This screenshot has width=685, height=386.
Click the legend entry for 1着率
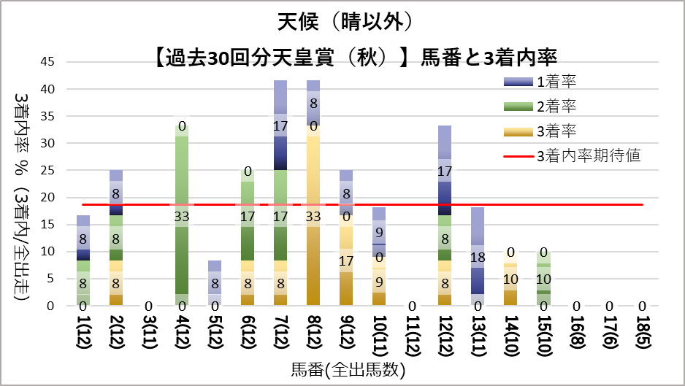556,81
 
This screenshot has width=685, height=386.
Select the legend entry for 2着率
556,106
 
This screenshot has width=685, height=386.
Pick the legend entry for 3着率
556,131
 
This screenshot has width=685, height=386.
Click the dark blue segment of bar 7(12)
279,153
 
